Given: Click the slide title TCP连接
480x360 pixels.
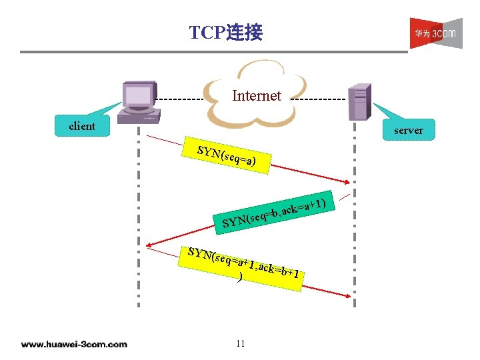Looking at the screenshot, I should (225, 32).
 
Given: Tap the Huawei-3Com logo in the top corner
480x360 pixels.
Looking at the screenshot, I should (435, 33).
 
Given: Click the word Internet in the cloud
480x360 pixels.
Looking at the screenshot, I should (257, 95).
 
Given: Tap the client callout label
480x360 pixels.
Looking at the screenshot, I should (83, 126).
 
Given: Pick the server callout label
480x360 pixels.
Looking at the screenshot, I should (408, 131).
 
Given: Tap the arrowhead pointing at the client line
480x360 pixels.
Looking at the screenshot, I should (151, 244).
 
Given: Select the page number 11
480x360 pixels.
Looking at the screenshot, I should (241, 343).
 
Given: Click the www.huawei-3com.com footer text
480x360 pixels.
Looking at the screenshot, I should (73, 344).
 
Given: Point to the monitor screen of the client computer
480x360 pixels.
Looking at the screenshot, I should (139, 96).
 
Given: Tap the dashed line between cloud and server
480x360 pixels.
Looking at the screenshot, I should (320, 99).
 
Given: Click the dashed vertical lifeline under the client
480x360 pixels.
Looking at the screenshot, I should (139, 220).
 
